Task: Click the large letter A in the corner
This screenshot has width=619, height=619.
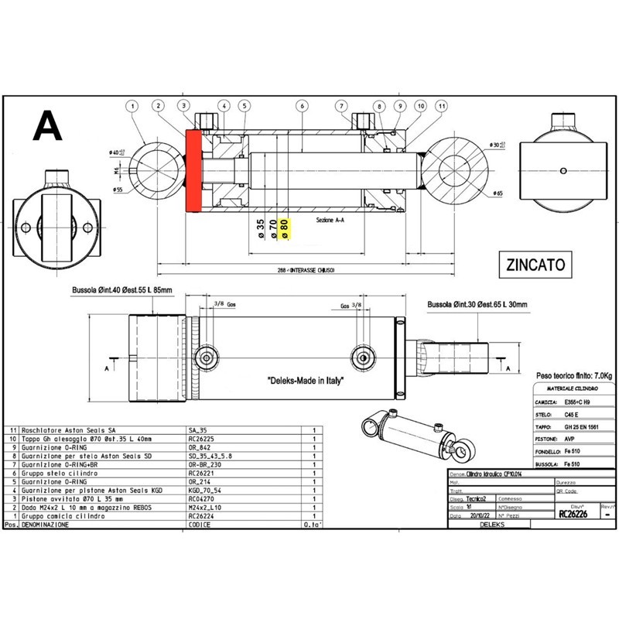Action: click(x=48, y=125)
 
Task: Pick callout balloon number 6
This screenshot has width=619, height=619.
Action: click(x=302, y=106)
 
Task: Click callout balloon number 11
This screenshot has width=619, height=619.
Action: click(x=442, y=106)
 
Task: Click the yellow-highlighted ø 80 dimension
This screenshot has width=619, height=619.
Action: click(x=285, y=229)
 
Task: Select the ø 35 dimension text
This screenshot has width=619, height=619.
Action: click(x=261, y=229)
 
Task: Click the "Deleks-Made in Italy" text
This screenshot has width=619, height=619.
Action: click(x=305, y=381)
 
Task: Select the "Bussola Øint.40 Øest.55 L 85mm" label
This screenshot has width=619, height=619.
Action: click(x=121, y=289)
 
